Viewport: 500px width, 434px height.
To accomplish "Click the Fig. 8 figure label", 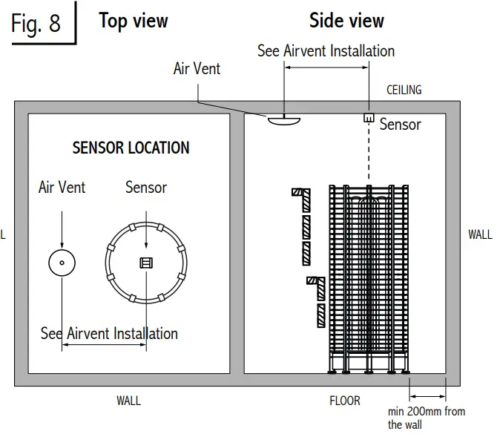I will click(36, 24).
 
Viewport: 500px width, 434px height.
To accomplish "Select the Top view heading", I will click(134, 22).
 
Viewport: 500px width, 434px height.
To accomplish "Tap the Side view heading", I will click(346, 20).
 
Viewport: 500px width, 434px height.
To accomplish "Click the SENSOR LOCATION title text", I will click(131, 148).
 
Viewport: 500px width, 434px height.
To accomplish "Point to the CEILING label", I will click(404, 90).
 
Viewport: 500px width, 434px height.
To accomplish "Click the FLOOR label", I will click(345, 401).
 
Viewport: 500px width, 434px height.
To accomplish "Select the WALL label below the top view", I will click(128, 401).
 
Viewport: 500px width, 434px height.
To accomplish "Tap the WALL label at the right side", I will click(480, 235).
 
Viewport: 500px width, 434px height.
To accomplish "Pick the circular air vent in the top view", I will click(62, 262).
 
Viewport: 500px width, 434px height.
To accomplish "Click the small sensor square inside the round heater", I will click(145, 263).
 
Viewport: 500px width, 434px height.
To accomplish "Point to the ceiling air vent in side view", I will click(284, 119).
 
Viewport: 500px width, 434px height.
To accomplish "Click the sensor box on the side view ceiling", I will click(368, 118).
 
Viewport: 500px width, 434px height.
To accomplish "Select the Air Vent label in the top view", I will click(62, 188).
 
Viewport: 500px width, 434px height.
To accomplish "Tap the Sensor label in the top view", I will click(146, 188).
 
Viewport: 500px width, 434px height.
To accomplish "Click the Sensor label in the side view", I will click(400, 125).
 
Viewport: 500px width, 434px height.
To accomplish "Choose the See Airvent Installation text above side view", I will click(326, 51).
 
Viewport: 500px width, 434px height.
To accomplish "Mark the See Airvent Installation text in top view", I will click(109, 334).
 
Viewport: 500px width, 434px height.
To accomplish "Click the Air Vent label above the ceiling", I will click(197, 69).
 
